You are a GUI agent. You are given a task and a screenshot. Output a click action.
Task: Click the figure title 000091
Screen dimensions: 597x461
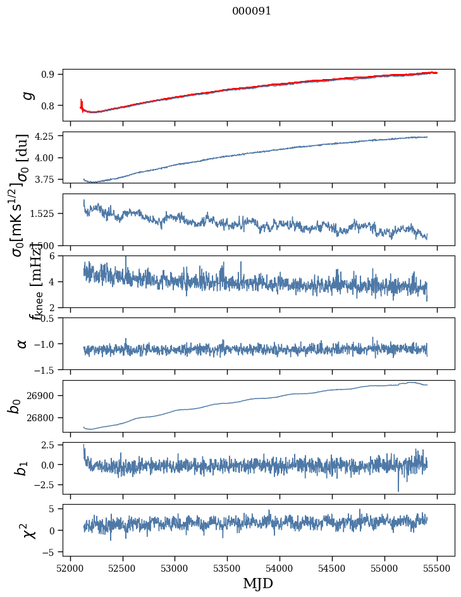(252, 11)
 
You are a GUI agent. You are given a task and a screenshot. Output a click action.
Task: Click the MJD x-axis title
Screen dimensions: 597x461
(258, 583)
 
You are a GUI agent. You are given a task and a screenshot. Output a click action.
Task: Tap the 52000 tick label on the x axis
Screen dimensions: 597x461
(70, 567)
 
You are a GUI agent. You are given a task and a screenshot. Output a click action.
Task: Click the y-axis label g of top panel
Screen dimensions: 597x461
(26, 95)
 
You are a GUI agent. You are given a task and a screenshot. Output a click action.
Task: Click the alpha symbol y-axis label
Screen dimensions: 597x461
(22, 343)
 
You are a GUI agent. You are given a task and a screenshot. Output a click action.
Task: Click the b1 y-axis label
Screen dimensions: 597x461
(22, 468)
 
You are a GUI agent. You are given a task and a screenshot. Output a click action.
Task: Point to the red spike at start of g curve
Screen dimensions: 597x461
(81, 101)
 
